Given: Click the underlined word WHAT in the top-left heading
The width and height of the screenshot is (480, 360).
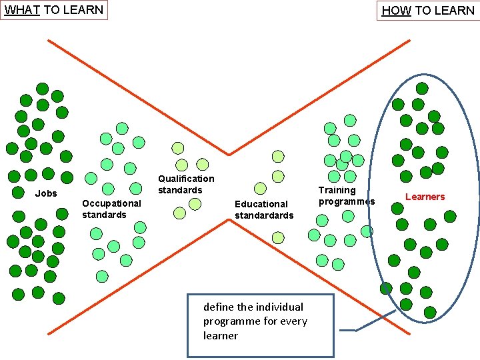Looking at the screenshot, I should [23, 10].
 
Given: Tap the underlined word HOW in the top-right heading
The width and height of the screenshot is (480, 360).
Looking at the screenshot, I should [396, 11].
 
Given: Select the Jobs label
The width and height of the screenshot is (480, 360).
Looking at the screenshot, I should [46, 193].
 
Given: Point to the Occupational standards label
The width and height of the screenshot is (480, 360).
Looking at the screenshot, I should [111, 209].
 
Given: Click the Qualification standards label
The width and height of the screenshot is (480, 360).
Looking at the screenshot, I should [186, 184].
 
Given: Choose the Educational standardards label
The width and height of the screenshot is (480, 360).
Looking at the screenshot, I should [264, 209].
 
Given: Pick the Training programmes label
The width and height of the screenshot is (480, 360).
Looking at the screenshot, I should [347, 196].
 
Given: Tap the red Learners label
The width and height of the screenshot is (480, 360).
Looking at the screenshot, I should [425, 197].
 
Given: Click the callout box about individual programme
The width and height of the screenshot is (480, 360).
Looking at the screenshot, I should [260, 325].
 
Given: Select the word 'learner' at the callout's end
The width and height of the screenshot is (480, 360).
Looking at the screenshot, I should [220, 336].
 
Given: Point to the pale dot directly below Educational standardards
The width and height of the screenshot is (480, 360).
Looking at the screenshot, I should [278, 237].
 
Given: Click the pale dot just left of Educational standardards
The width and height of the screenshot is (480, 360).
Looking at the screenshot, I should [261, 189].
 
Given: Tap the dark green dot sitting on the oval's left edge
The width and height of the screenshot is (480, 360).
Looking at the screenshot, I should [386, 288].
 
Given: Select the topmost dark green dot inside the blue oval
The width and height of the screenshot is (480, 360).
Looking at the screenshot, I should [422, 88].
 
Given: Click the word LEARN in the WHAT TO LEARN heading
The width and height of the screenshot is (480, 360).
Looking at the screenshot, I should [84, 10].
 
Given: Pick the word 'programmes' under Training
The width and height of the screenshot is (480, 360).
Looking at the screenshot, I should [347, 201].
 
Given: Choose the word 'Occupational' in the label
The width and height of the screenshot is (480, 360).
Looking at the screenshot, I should [111, 203].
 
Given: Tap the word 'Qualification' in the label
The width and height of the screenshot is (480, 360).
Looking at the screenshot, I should [186, 179].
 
